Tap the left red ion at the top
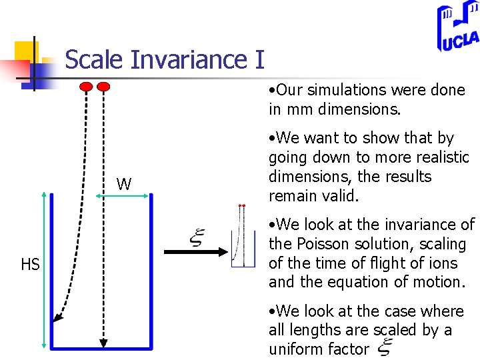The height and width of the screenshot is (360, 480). tap(87, 86)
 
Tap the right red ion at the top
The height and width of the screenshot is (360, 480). tap(103, 86)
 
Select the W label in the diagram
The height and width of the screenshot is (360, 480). tap(124, 185)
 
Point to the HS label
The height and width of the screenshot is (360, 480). tap(30, 265)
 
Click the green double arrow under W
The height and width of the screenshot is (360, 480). tap(123, 195)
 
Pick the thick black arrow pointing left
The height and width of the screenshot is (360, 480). tap(194, 252)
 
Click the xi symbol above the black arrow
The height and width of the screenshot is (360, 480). tap(198, 236)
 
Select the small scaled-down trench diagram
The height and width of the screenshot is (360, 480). tap(243, 237)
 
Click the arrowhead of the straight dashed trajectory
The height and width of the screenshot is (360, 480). tap(103, 343)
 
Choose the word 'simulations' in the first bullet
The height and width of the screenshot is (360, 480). tap(347, 90)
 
